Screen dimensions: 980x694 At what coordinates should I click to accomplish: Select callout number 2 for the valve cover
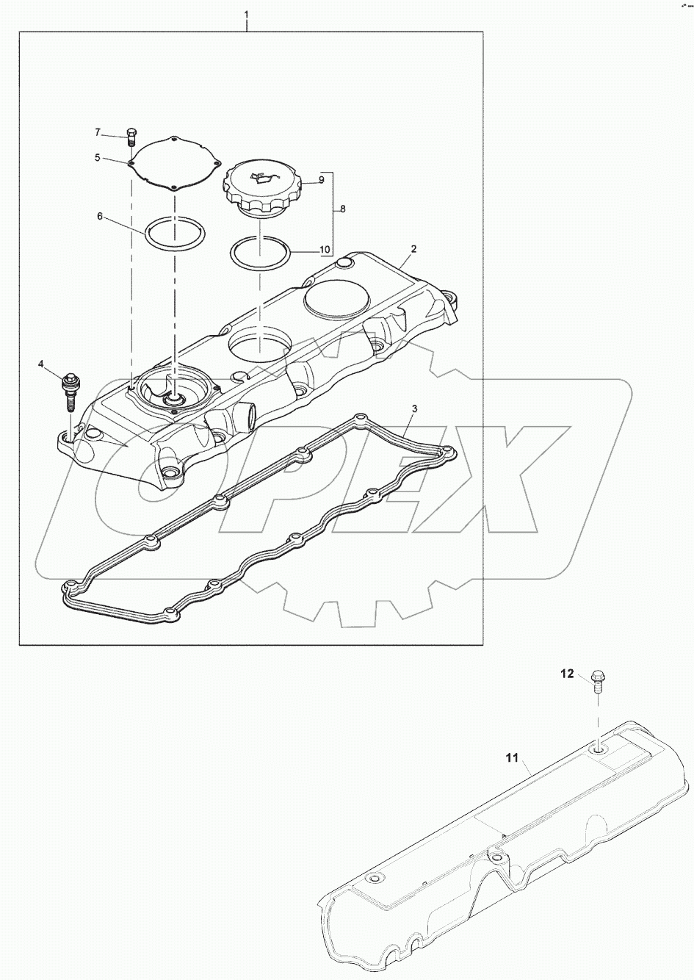(413, 249)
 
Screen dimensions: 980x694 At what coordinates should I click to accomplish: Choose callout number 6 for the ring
(100, 217)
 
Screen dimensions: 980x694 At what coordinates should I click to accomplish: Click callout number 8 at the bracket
(342, 209)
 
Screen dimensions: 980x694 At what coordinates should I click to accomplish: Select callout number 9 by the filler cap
(321, 180)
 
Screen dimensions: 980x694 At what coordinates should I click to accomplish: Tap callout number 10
(324, 249)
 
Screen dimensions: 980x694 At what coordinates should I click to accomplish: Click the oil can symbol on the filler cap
(261, 177)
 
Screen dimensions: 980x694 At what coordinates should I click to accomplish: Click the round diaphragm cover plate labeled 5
(174, 163)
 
